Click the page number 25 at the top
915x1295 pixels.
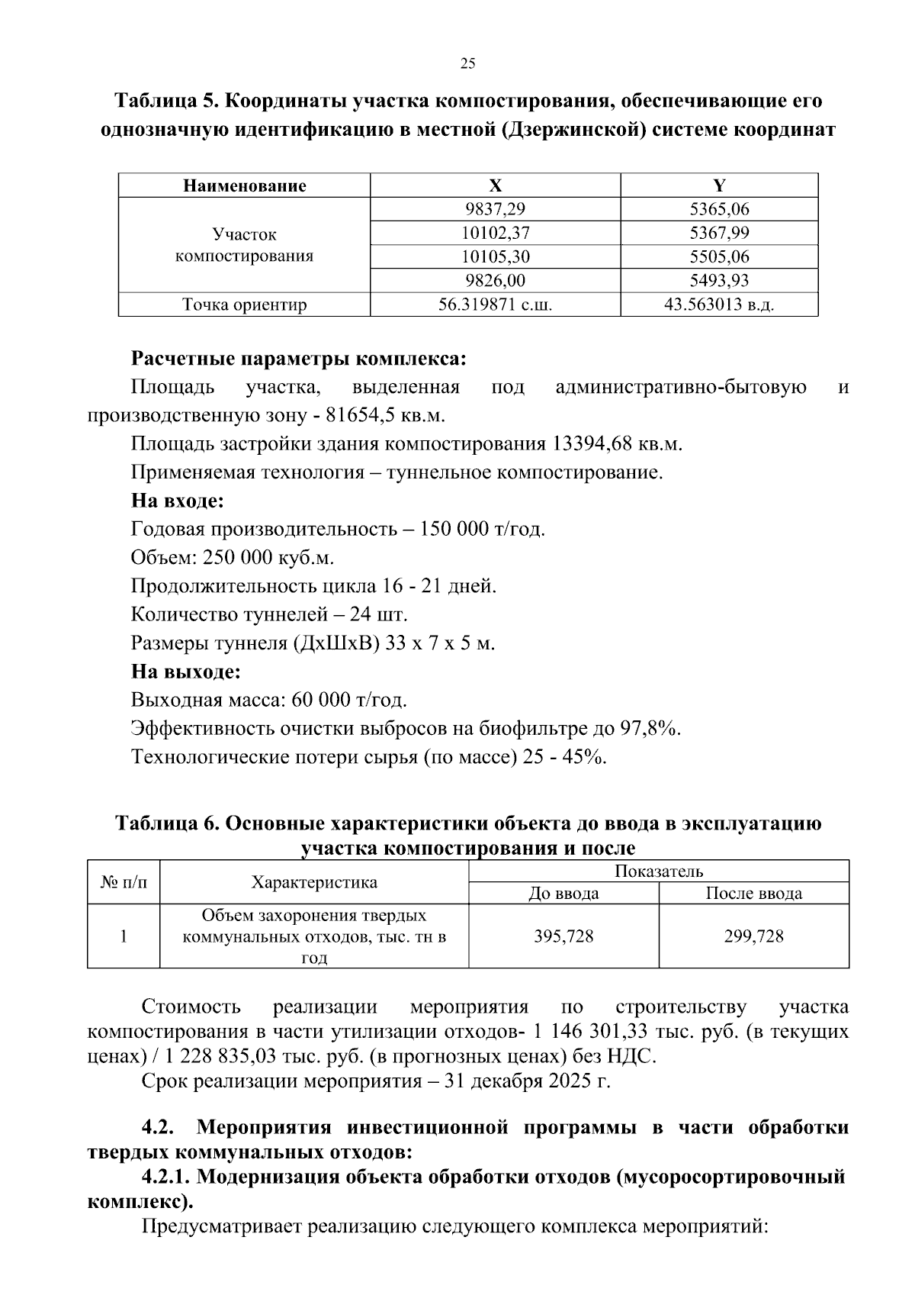pos(468,64)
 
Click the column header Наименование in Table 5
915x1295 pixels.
pos(244,185)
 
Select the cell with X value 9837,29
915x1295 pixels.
pos(495,209)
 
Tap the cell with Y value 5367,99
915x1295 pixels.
pos(719,233)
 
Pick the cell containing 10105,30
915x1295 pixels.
pos(495,256)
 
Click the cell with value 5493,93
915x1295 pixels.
pos(719,280)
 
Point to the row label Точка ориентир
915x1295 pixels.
pos(244,305)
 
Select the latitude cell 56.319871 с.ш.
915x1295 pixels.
pos(495,305)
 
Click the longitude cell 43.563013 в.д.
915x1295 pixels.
pos(719,305)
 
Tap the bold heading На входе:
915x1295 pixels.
pos(177,501)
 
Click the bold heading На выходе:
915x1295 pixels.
pos(185,672)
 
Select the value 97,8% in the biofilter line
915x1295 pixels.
pos(649,729)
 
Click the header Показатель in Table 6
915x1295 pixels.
pos(658,871)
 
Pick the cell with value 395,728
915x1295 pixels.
pos(563,936)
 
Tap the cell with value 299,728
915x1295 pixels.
pos(753,936)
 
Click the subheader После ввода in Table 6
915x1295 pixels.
pos(753,894)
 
